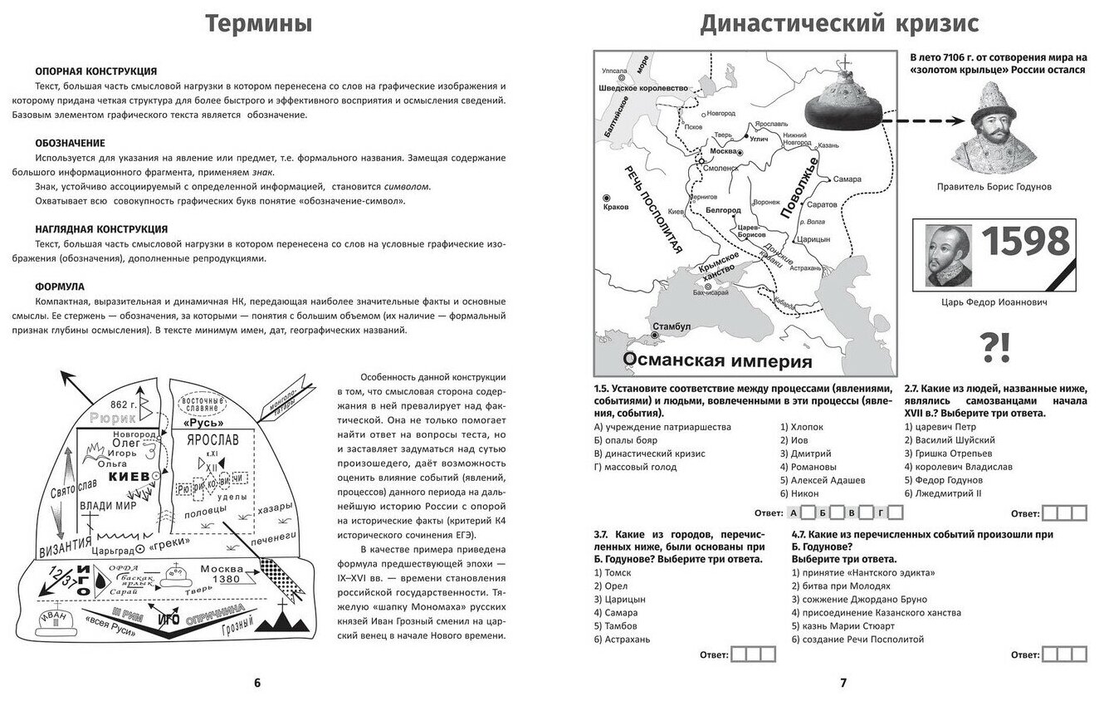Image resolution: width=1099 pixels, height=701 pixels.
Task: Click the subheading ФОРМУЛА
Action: click(x=59, y=286)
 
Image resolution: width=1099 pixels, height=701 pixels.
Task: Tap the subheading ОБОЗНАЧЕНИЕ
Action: click(x=70, y=144)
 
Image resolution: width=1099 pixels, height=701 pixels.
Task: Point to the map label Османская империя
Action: click(x=716, y=361)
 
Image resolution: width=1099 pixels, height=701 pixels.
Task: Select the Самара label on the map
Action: click(x=847, y=179)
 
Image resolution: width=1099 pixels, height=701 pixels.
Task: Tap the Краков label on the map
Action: click(x=617, y=207)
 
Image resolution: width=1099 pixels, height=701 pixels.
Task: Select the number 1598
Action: click(x=1025, y=242)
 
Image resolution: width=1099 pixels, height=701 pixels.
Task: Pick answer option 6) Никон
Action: click(x=798, y=493)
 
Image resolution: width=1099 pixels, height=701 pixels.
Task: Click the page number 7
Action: click(x=843, y=683)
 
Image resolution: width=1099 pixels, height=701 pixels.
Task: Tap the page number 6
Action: click(x=256, y=683)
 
